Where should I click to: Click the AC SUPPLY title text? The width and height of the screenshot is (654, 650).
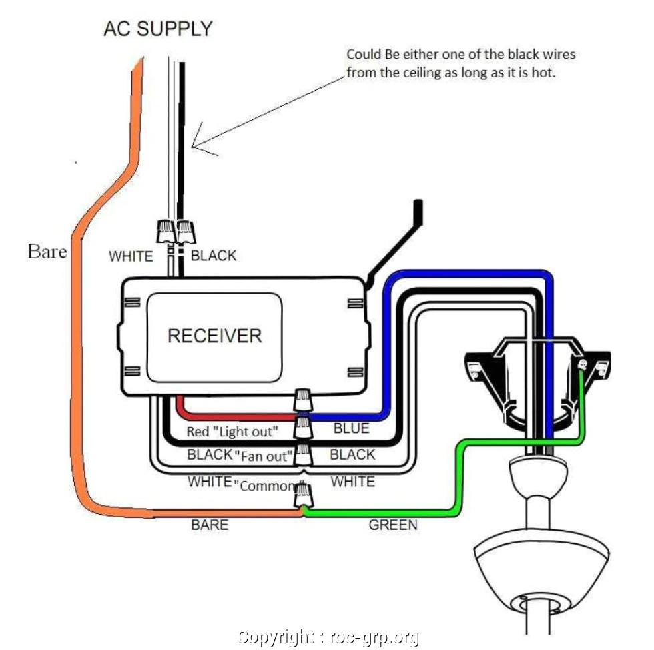pos(158,29)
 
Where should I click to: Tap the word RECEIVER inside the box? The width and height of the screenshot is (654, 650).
pos(214,335)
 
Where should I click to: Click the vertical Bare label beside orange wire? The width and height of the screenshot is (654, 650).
pos(47,252)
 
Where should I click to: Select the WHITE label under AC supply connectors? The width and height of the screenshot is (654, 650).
pos(131,256)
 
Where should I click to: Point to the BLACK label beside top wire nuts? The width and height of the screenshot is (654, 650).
pos(214,255)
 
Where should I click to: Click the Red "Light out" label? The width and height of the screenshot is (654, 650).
pos(231,431)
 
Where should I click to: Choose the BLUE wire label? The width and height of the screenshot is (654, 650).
pos(351,428)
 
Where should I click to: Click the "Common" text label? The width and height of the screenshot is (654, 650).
pos(266,485)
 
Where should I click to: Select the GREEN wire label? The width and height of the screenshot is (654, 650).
pos(393,525)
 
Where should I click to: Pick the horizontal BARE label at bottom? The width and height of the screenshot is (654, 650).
pos(210,525)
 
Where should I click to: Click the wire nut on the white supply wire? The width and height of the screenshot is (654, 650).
pos(164,231)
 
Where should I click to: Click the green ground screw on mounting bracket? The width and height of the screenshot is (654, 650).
pos(583,364)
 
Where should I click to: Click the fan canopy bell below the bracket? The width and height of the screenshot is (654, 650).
pos(529,474)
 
